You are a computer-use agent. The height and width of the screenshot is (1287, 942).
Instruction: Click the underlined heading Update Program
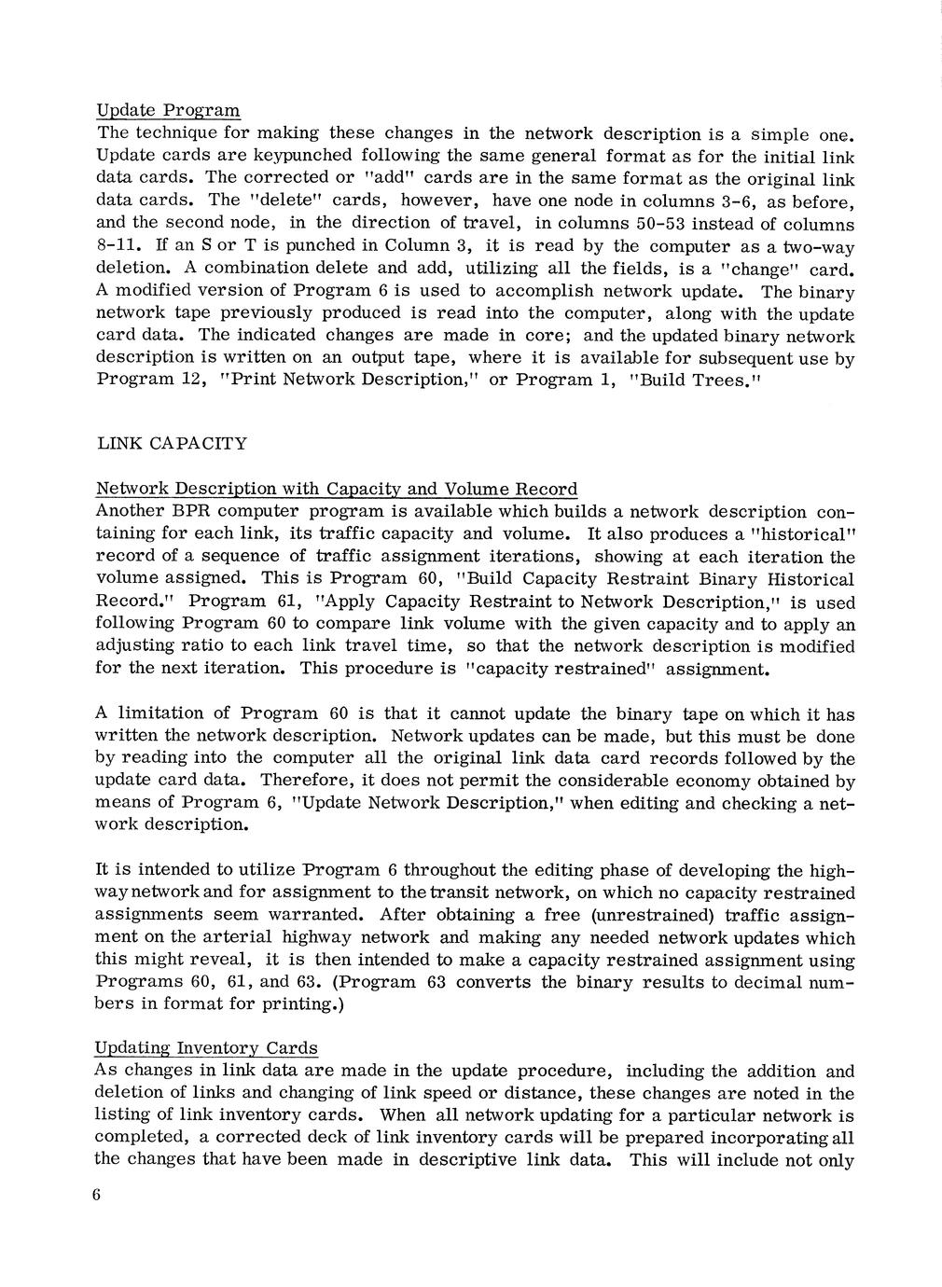pyautogui.click(x=169, y=111)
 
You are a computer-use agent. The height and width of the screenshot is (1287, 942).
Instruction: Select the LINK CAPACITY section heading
pyautogui.click(x=172, y=443)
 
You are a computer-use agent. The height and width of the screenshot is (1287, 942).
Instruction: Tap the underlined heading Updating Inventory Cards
pyautogui.click(x=206, y=1048)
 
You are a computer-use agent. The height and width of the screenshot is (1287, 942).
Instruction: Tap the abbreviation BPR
pyautogui.click(x=191, y=512)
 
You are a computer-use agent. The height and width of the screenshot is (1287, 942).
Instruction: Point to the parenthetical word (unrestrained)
pyautogui.click(x=646, y=916)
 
